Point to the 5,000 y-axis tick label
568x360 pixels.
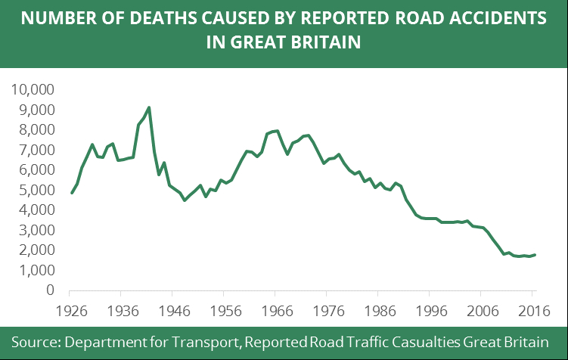[x=34, y=190]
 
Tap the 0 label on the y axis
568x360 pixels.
[x=50, y=290]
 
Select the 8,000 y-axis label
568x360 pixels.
[x=34, y=130]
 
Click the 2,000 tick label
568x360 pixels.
[x=34, y=250]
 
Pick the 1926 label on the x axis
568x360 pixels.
[x=70, y=310]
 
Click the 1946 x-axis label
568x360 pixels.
[x=173, y=310]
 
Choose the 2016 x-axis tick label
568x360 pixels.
[x=534, y=310]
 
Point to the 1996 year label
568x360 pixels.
[x=431, y=310]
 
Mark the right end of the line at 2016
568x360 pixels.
[x=535, y=255]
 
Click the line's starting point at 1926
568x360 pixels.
[x=72, y=193]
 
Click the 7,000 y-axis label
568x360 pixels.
[x=34, y=150]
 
